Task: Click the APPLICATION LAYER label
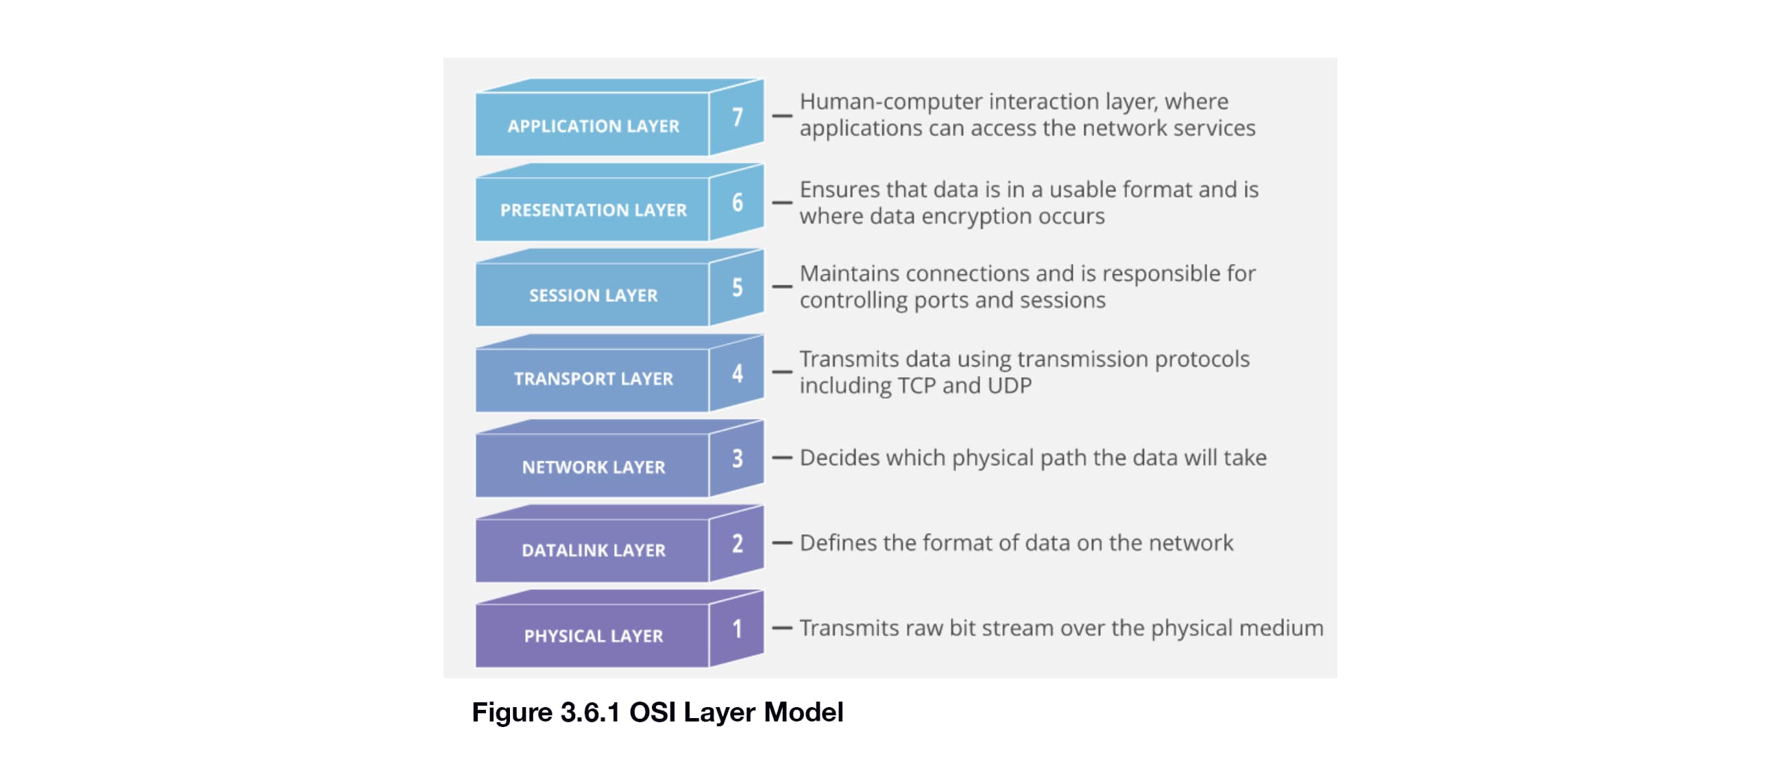pyautogui.click(x=593, y=126)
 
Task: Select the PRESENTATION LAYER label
pyautogui.click(x=593, y=210)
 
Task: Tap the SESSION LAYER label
pyautogui.click(x=593, y=296)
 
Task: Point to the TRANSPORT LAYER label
pyautogui.click(x=593, y=379)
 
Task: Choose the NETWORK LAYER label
pyautogui.click(x=593, y=467)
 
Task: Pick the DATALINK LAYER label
pyautogui.click(x=593, y=551)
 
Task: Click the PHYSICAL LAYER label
pyautogui.click(x=593, y=636)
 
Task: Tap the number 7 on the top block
pyautogui.click(x=738, y=117)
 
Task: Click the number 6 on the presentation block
pyautogui.click(x=738, y=202)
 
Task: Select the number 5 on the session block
pyautogui.click(x=738, y=287)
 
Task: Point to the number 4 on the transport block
pyautogui.click(x=738, y=373)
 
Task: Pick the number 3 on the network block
pyautogui.click(x=738, y=458)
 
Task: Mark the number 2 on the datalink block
pyautogui.click(x=738, y=543)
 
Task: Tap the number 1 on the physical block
pyautogui.click(x=738, y=629)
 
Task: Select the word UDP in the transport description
pyautogui.click(x=1010, y=385)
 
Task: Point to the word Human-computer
pyautogui.click(x=890, y=102)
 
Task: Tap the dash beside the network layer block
pyautogui.click(x=781, y=457)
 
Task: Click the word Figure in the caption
pyautogui.click(x=511, y=713)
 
